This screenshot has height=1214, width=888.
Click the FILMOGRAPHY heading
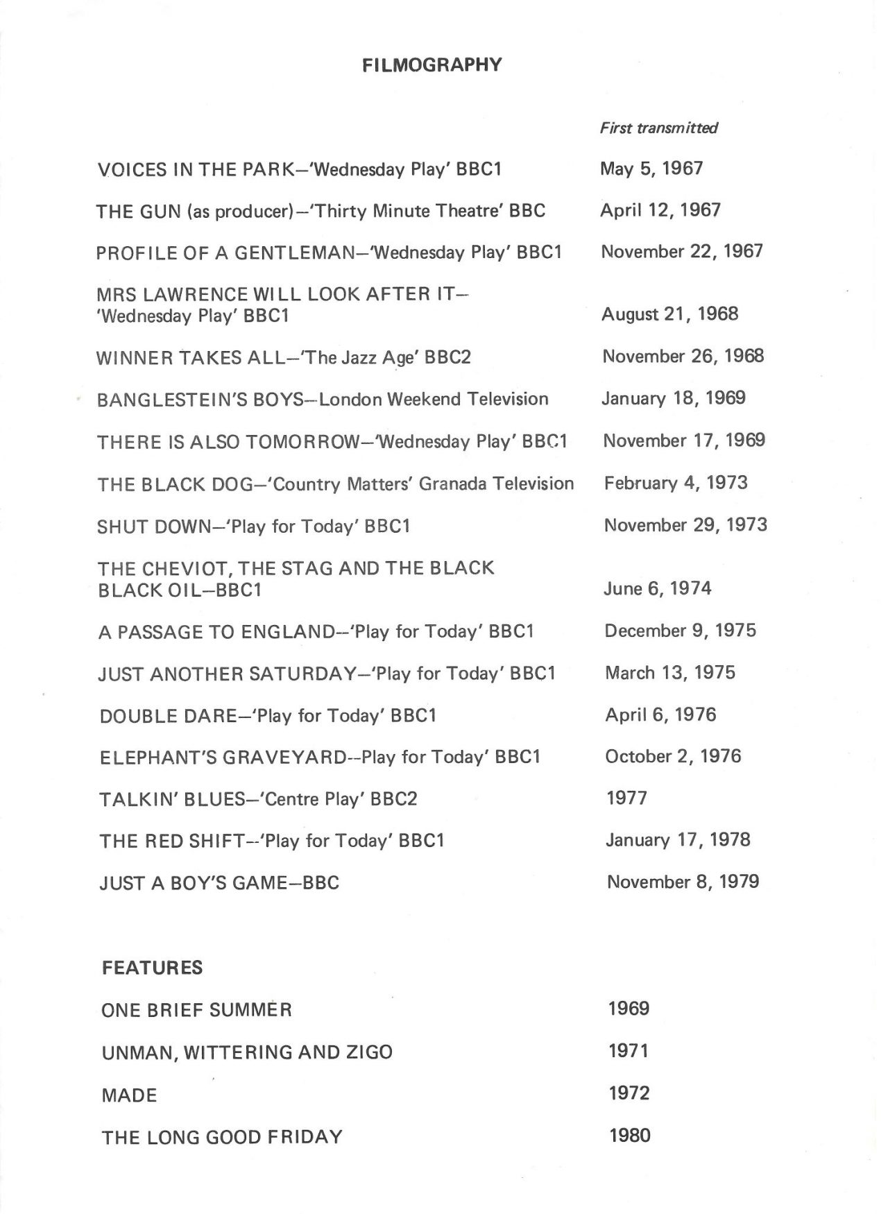click(x=432, y=65)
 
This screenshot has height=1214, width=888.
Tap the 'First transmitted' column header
click(x=658, y=128)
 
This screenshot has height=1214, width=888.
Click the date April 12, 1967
click(x=660, y=210)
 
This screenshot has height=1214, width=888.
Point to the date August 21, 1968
click(x=669, y=314)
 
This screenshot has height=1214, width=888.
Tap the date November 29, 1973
click(x=685, y=525)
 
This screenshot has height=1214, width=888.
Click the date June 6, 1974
click(x=658, y=589)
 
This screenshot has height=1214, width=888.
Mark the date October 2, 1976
click(x=672, y=756)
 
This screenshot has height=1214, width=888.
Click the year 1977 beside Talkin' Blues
click(x=626, y=798)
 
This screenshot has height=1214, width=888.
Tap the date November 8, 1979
click(x=683, y=882)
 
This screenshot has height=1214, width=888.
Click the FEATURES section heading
click(x=152, y=968)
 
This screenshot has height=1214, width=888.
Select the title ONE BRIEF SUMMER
click(x=196, y=1010)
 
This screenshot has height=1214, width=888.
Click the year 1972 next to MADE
click(x=629, y=1094)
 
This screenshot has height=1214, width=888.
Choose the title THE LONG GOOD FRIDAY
click(x=222, y=1137)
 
